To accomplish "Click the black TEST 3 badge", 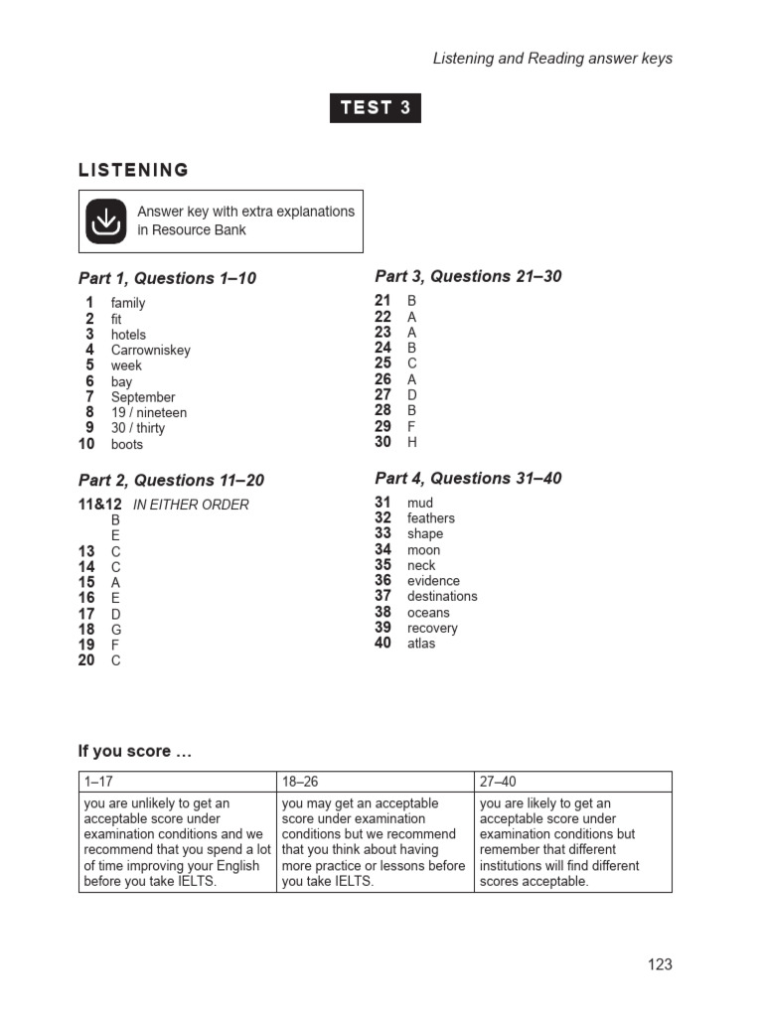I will pyautogui.click(x=376, y=108).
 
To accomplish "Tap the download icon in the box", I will pyautogui.click(x=105, y=221).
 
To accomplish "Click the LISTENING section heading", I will pyautogui.click(x=133, y=170).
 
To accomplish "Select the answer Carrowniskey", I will pyautogui.click(x=150, y=351).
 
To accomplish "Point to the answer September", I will pyautogui.click(x=143, y=397).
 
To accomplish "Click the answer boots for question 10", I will pyautogui.click(x=127, y=445).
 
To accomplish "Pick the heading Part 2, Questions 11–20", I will pyautogui.click(x=171, y=481).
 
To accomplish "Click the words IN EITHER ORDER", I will pyautogui.click(x=191, y=505).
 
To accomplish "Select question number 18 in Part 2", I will pyautogui.click(x=86, y=630).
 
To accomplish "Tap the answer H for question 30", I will pyautogui.click(x=412, y=443).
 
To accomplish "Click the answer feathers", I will pyautogui.click(x=430, y=518).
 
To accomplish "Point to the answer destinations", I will pyautogui.click(x=442, y=597).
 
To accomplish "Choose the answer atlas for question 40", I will pyautogui.click(x=421, y=644).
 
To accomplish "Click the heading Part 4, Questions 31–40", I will pyautogui.click(x=468, y=479).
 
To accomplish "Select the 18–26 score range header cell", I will pyautogui.click(x=375, y=783).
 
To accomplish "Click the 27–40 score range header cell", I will pyautogui.click(x=572, y=783).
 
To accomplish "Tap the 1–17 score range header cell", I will pyautogui.click(x=177, y=783).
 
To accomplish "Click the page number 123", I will pyautogui.click(x=660, y=964).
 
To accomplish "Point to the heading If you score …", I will pyautogui.click(x=135, y=752).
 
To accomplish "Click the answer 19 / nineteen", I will pyautogui.click(x=149, y=413).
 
